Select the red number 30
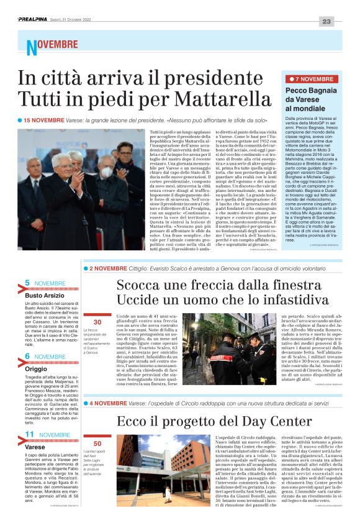click(97, 322)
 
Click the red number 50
click(97, 444)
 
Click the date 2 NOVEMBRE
click(107, 268)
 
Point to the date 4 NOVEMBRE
click(107, 402)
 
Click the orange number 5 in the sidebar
click(27, 283)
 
